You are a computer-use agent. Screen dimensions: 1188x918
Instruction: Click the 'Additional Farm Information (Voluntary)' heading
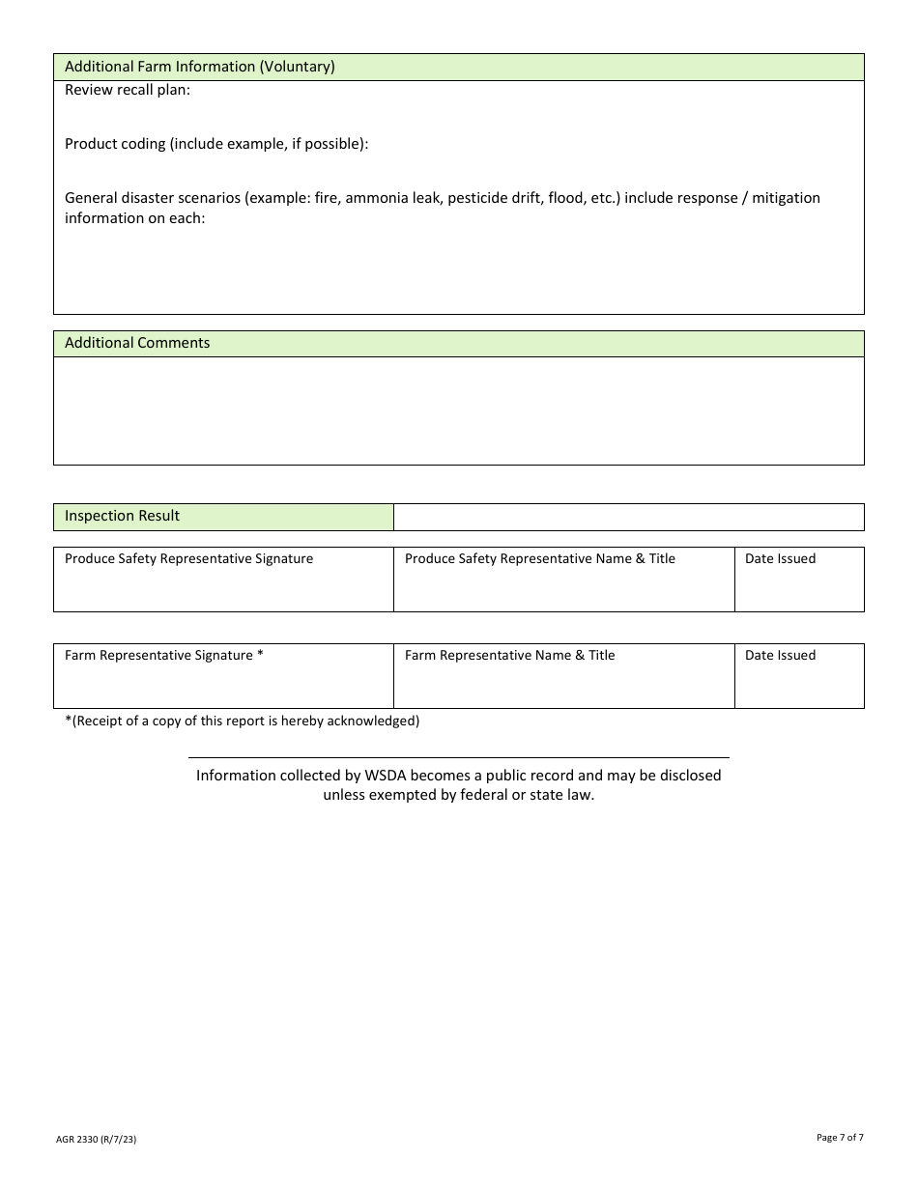[x=199, y=67]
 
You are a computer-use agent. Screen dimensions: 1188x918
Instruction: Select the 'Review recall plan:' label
[x=128, y=90]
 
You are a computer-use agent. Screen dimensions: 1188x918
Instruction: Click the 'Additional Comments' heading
[x=137, y=343]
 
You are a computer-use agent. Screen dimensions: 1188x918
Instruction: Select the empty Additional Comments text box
[x=458, y=410]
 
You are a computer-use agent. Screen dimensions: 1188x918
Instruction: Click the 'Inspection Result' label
[x=122, y=516]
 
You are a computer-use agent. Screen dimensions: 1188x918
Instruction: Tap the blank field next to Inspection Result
[x=628, y=517]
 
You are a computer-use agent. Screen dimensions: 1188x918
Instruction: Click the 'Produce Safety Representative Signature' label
[x=188, y=558]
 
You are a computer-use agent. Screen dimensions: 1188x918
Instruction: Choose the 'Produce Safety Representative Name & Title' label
[x=539, y=558]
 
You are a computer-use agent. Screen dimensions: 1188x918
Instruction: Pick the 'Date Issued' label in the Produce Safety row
[x=780, y=558]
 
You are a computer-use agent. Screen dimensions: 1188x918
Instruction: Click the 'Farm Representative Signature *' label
[x=164, y=655]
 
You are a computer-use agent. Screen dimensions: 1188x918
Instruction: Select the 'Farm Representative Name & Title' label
[x=509, y=655]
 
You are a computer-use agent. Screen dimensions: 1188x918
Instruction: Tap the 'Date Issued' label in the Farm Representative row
[x=780, y=655]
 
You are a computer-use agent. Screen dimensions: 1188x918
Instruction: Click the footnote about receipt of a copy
[x=242, y=721]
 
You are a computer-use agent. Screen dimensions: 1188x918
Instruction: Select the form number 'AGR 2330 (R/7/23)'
[x=96, y=1140]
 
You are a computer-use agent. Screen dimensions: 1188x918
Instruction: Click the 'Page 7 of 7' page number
[x=840, y=1138]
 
